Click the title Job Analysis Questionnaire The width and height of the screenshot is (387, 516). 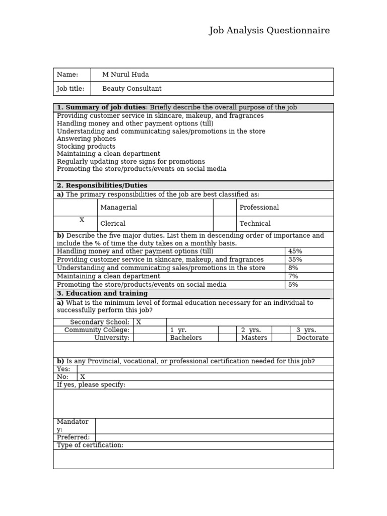click(x=269, y=31)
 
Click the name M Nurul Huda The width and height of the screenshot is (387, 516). click(x=125, y=75)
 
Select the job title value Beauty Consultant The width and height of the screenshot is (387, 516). click(x=132, y=89)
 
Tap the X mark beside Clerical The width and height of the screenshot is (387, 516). click(x=82, y=220)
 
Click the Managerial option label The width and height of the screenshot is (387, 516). click(x=118, y=208)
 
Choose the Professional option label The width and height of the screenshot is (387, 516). click(x=259, y=208)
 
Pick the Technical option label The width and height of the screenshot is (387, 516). click(x=255, y=224)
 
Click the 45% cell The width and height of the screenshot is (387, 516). click(x=295, y=251)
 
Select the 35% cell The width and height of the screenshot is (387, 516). click(x=295, y=260)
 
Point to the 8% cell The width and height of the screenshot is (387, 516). click(x=293, y=268)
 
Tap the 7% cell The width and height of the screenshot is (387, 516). click(x=293, y=276)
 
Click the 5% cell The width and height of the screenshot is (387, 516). click(x=293, y=285)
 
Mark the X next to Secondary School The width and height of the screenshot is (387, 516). click(x=139, y=322)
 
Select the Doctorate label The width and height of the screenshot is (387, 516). click(x=312, y=338)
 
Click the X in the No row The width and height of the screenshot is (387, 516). click(x=83, y=377)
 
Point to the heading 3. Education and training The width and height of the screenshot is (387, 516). click(x=102, y=293)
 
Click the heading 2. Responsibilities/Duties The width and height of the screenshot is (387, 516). click(x=102, y=185)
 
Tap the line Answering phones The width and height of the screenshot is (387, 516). click(x=86, y=139)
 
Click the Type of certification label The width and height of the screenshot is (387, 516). click(x=90, y=445)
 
